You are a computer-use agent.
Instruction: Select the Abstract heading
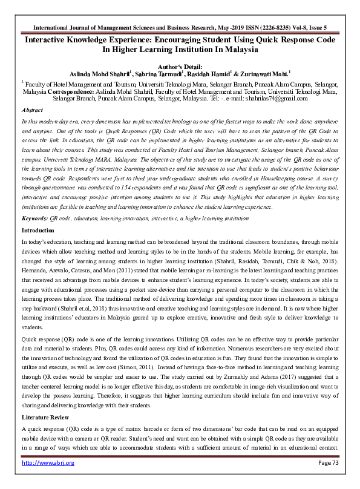[x=32, y=110]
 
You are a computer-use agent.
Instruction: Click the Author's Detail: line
[x=180, y=67]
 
